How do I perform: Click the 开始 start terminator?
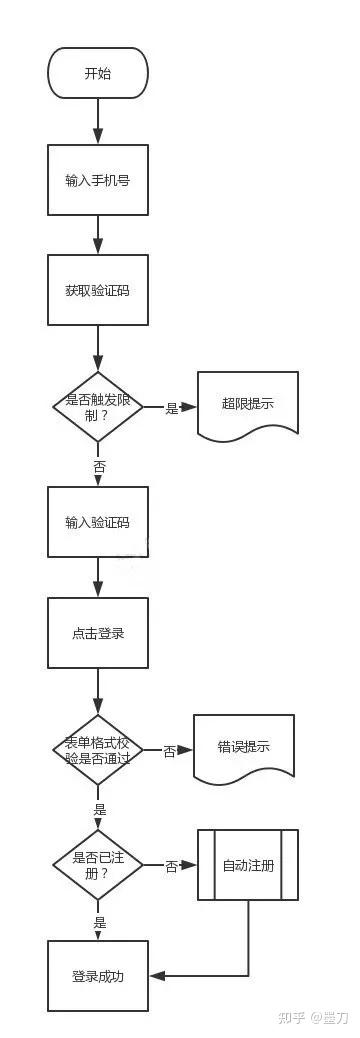point(98,73)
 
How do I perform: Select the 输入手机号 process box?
point(98,180)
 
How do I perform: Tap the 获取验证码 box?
point(98,290)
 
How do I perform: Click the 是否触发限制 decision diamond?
point(98,407)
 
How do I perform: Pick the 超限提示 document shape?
point(248,405)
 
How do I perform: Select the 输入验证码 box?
point(98,522)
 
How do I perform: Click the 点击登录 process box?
point(98,633)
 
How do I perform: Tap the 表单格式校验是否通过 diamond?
point(98,749)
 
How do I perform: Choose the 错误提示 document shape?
point(244,747)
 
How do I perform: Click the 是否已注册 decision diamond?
point(98,865)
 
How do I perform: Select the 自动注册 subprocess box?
point(248,865)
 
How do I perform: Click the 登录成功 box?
point(98,976)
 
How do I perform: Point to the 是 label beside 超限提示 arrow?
point(172,408)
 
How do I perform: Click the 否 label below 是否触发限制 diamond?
point(99,467)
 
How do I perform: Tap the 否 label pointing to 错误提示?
point(170,751)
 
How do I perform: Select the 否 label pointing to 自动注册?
point(172,866)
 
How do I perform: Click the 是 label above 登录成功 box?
point(99,923)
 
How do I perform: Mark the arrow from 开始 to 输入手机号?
point(98,122)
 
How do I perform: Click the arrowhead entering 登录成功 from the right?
point(156,976)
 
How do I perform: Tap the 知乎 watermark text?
point(291,1018)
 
